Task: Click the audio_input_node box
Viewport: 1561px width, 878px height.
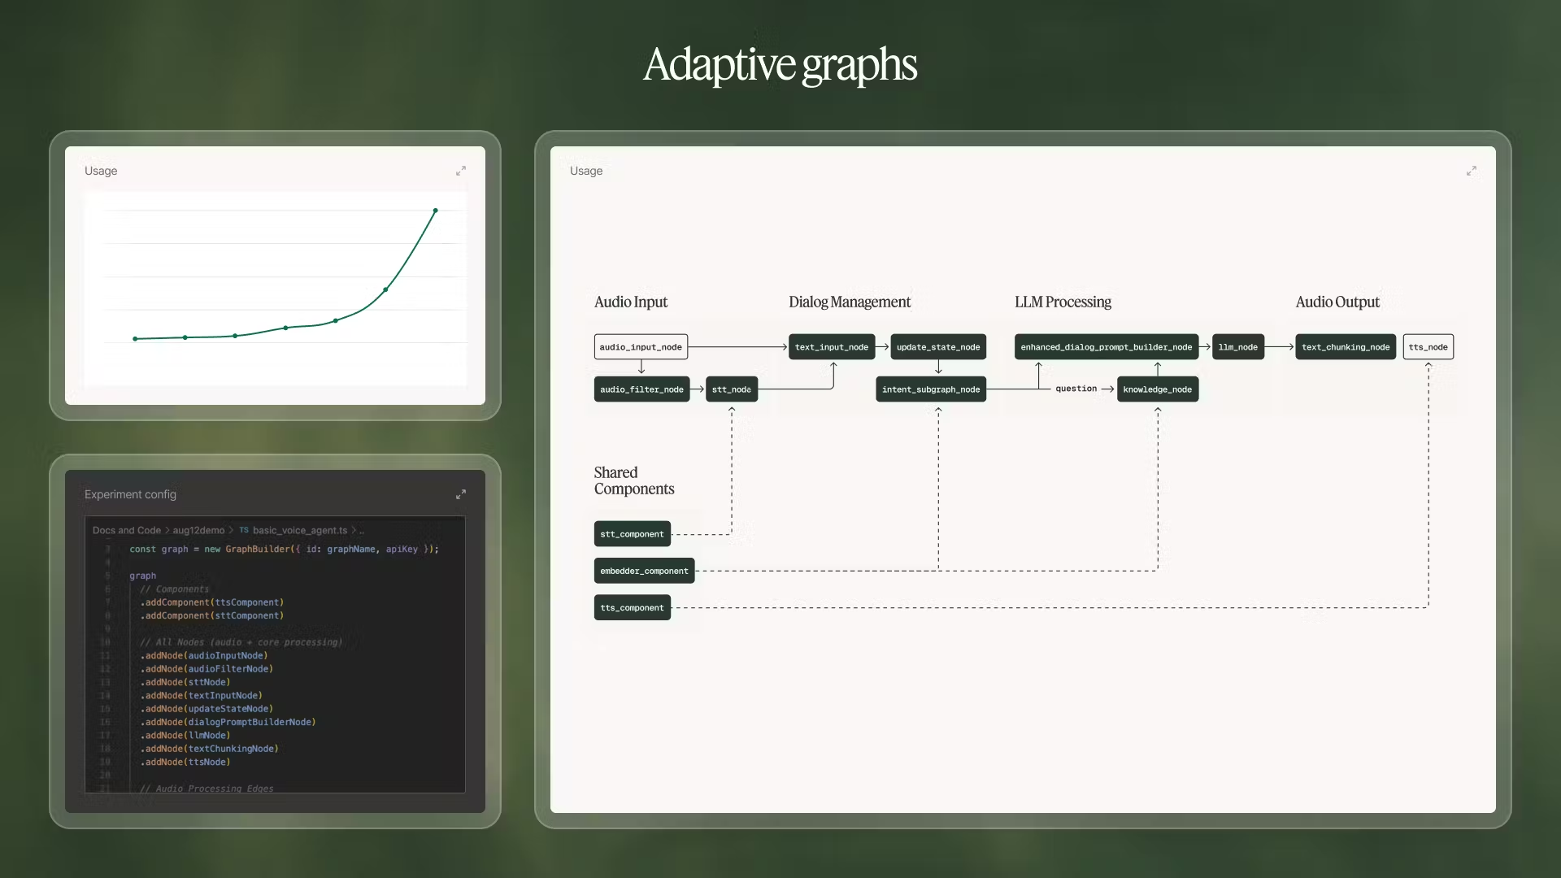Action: [641, 347]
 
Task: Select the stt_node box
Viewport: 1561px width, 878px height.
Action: [732, 389]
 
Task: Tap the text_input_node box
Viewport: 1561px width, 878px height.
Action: [831, 347]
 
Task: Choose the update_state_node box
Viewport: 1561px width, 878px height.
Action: [938, 347]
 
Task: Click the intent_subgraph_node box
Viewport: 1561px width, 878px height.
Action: [931, 389]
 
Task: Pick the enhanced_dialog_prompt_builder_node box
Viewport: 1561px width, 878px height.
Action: [1106, 347]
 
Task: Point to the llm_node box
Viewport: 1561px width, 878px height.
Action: [1237, 347]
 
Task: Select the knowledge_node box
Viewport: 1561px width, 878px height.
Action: [1157, 389]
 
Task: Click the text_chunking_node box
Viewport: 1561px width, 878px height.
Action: [1346, 347]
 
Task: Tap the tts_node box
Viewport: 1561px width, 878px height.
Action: [1428, 347]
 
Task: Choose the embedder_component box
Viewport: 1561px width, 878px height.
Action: [644, 571]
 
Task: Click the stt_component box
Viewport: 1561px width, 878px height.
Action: [632, 534]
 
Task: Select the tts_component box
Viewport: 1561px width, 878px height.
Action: [632, 608]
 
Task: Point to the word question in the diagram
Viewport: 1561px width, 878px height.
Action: [1076, 389]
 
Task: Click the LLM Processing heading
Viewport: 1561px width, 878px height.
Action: [1063, 302]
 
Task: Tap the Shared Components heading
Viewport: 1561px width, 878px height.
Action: [633, 480]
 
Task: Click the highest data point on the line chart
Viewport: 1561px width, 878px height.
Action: [435, 211]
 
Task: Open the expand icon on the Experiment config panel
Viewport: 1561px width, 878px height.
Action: [461, 494]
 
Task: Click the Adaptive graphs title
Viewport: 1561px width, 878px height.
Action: [780, 65]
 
